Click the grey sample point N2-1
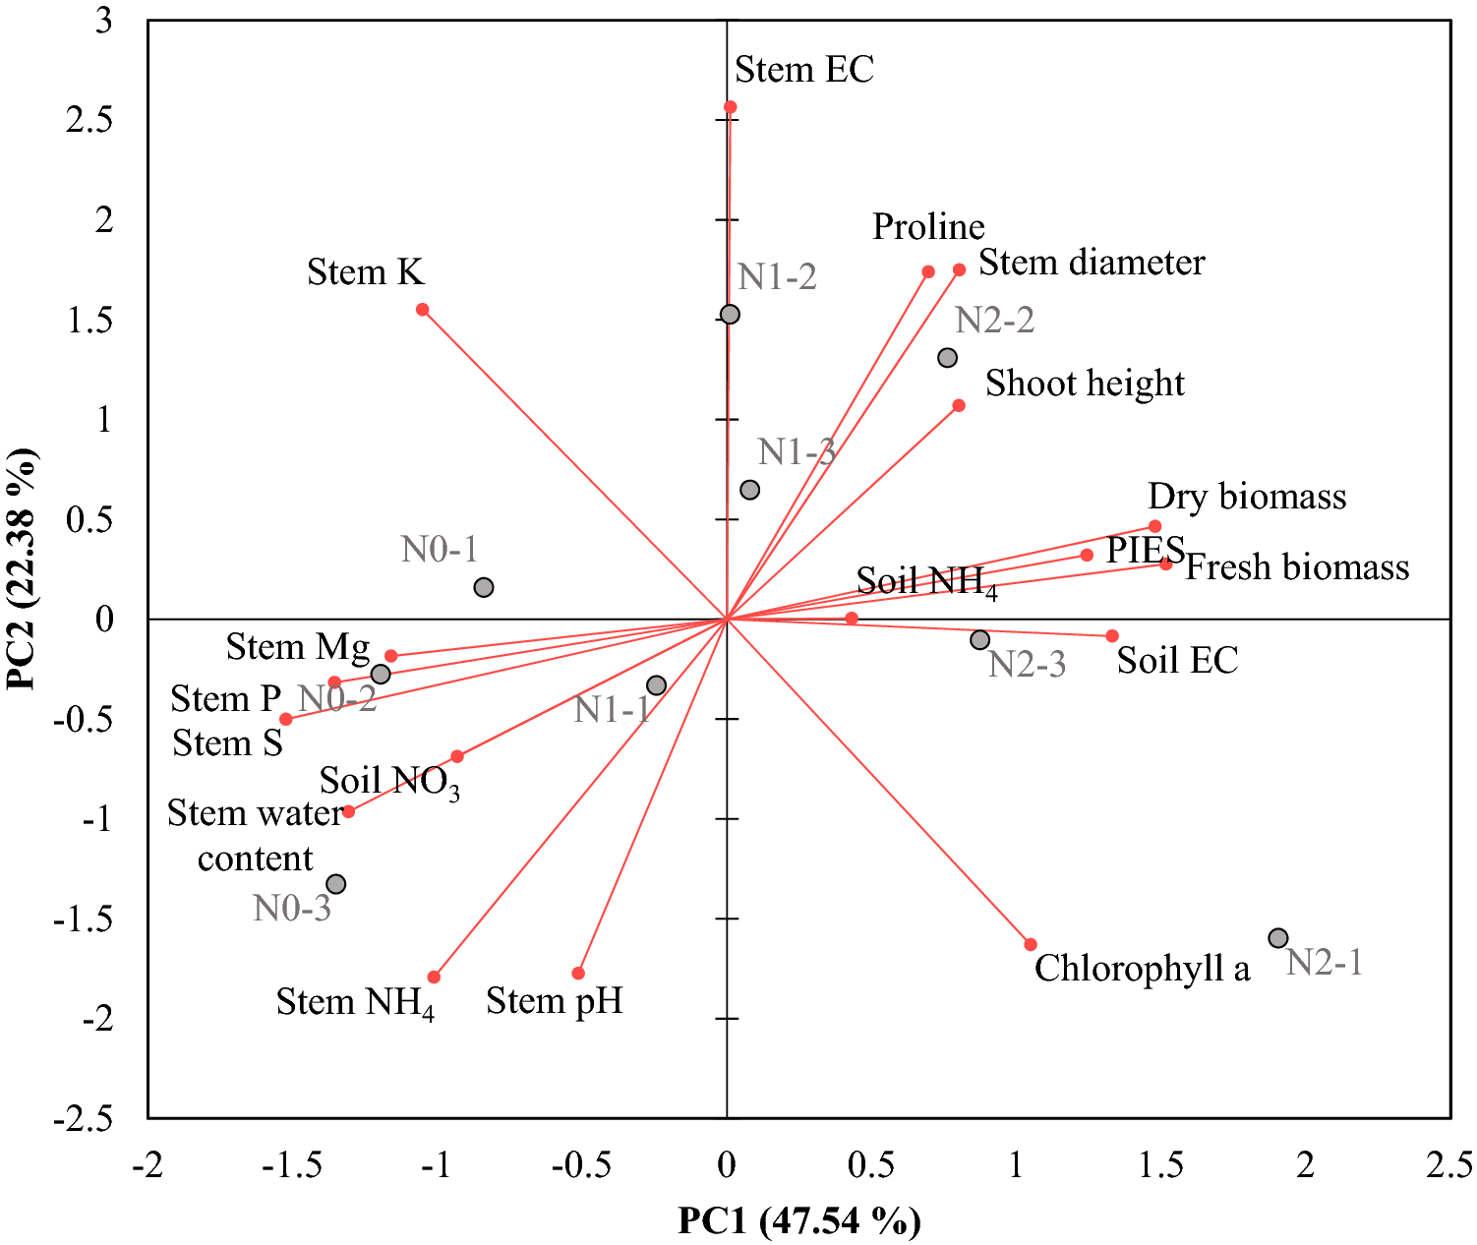[x=1277, y=938]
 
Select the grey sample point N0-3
[x=336, y=884]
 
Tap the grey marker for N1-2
[x=730, y=315]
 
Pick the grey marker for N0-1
[x=483, y=588]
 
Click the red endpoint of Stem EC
[x=730, y=107]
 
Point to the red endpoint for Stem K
[x=423, y=310]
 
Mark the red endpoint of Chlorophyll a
[x=1031, y=945]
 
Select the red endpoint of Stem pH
[x=578, y=974]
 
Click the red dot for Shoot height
[x=959, y=405]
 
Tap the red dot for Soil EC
[x=1112, y=636]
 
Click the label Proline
[x=928, y=227]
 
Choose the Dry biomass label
[x=1247, y=497]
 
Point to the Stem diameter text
[x=1092, y=263]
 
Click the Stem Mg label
[x=298, y=647]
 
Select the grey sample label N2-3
[x=1027, y=665]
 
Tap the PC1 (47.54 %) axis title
[x=798, y=1221]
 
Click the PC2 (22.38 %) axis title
[x=22, y=569]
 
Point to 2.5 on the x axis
[x=1449, y=1166]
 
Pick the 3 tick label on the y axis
[x=104, y=21]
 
